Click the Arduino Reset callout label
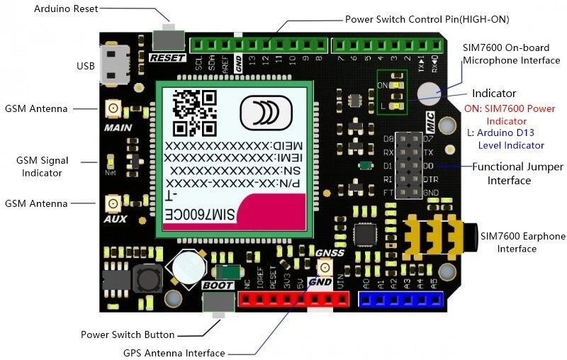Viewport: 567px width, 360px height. point(66,9)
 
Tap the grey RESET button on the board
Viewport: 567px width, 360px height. point(168,37)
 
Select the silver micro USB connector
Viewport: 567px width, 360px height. point(113,64)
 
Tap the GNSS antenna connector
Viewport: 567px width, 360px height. point(325,267)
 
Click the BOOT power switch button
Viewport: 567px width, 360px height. point(218,303)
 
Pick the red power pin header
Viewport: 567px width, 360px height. point(293,300)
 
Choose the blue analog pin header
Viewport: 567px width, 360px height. point(403,300)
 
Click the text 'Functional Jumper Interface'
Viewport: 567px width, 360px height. point(518,174)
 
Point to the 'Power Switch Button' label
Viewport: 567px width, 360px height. point(128,334)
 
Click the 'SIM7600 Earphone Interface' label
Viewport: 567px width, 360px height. point(523,242)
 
